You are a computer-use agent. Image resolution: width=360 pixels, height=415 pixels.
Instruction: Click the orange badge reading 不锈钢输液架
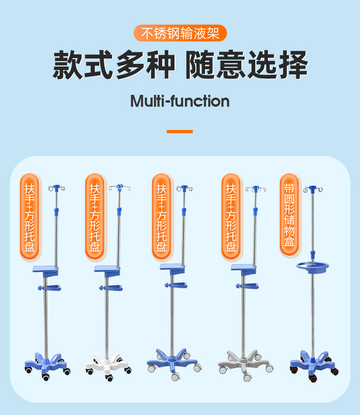[x=180, y=34]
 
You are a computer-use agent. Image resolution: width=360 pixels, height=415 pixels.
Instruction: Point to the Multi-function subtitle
[x=180, y=101]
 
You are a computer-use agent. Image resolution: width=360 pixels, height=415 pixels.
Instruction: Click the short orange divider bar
[x=180, y=131]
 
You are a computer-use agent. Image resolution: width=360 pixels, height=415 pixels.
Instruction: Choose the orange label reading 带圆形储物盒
[x=289, y=215]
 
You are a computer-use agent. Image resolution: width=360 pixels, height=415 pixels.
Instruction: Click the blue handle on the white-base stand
[x=112, y=287]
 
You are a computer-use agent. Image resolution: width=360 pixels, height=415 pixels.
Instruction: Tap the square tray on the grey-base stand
[x=243, y=268]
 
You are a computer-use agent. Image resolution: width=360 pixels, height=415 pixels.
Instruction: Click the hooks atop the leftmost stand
[x=57, y=187]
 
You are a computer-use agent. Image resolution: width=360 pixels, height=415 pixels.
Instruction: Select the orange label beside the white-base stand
[x=95, y=216]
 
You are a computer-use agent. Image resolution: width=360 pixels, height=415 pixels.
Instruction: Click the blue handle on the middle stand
[x=177, y=285]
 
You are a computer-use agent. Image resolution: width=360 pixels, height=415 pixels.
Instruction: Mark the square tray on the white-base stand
[x=107, y=269]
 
